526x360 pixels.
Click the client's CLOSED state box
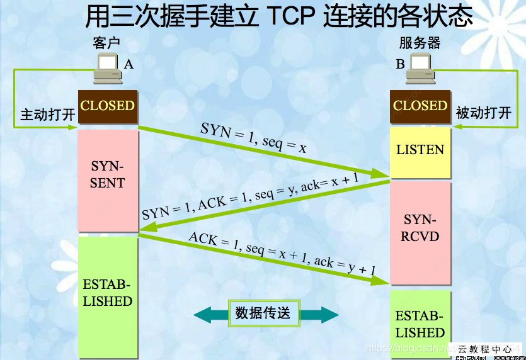107,106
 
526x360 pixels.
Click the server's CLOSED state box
420,106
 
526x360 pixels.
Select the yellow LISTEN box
420,150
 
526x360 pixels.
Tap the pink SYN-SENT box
108,180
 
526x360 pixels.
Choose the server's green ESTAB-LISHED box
420,324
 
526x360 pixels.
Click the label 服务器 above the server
420,43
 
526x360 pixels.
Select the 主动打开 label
48,115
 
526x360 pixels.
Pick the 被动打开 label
483,113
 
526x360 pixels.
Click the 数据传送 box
263,313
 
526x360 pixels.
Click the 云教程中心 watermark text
485,347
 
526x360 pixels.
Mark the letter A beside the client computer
129,64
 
